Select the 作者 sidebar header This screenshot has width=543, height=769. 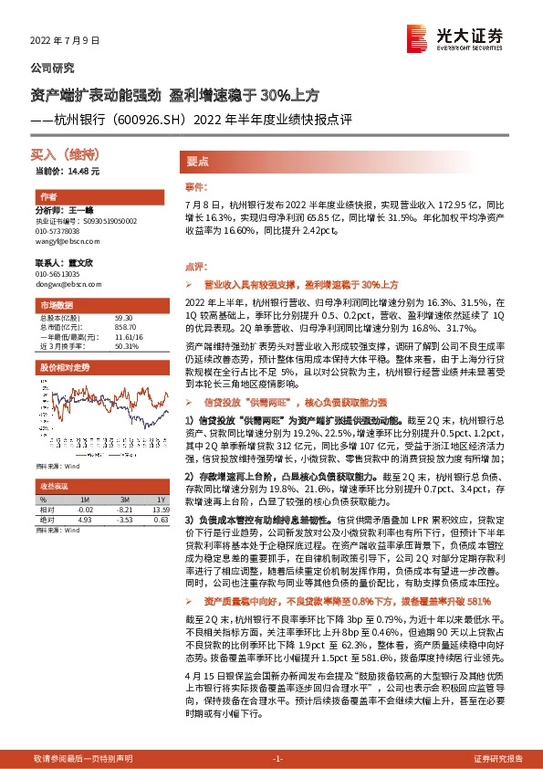[x=48, y=197]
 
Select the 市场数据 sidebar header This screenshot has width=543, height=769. [x=54, y=303]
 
